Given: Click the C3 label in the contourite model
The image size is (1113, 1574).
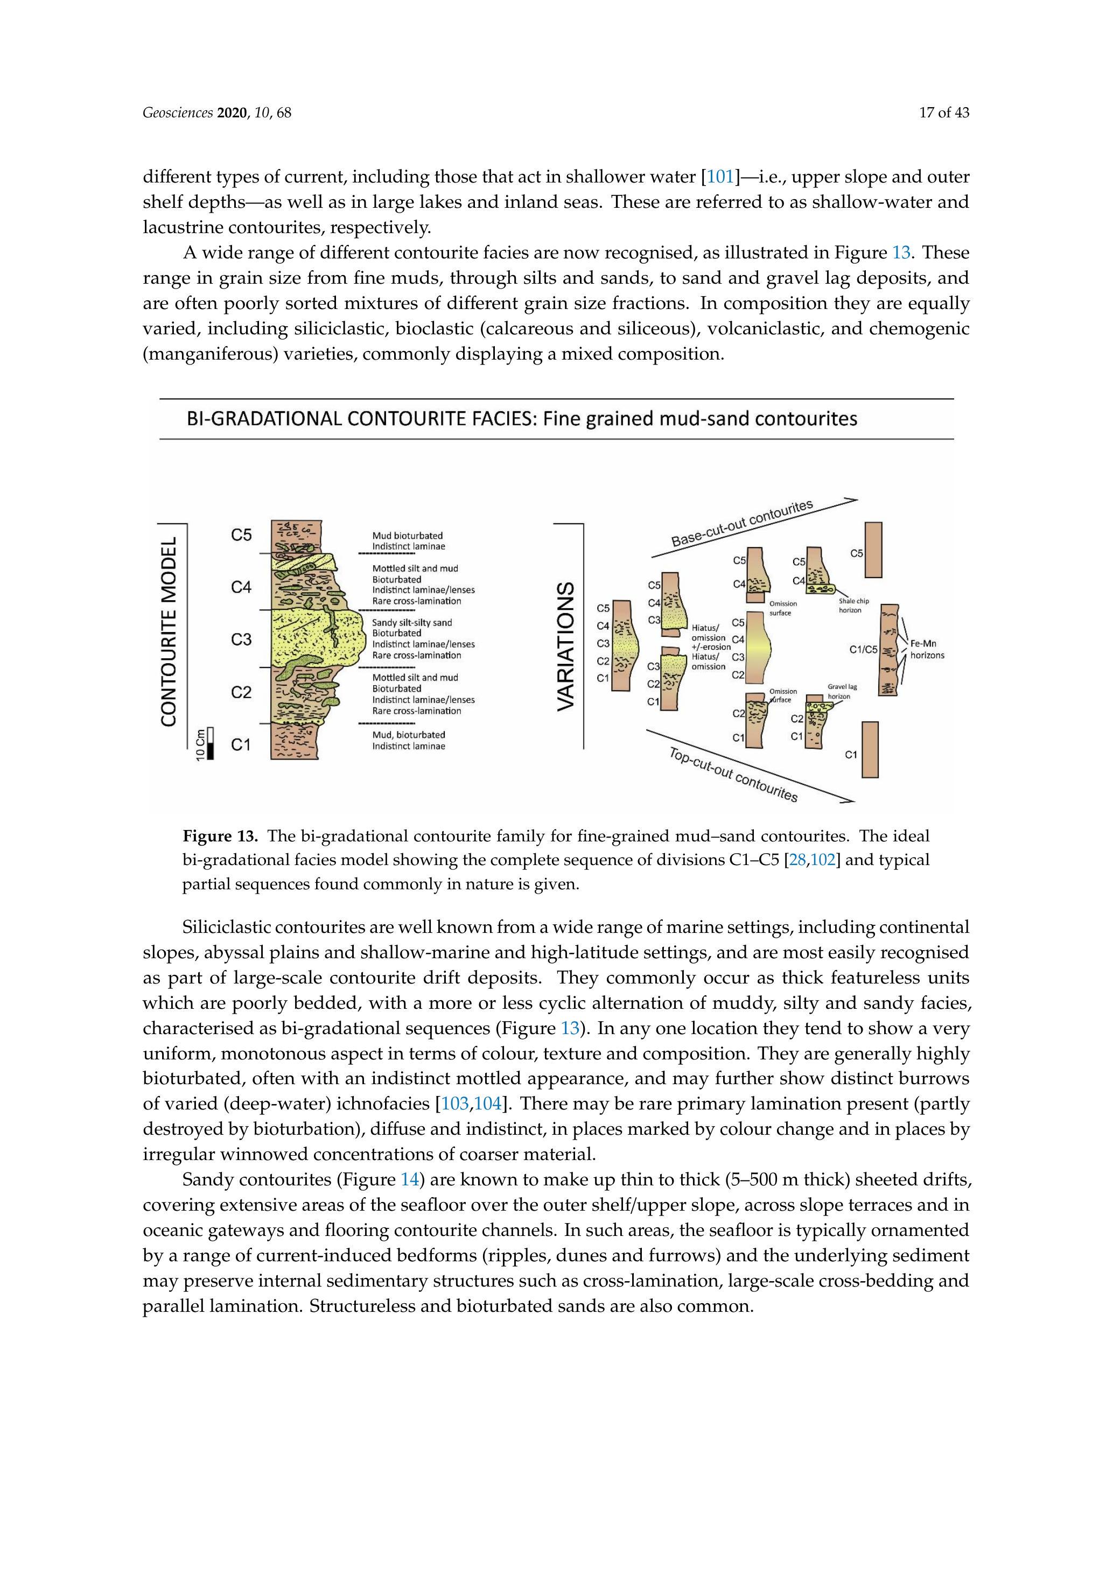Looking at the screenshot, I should [x=241, y=640].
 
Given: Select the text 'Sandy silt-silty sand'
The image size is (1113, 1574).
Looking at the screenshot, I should [x=411, y=622].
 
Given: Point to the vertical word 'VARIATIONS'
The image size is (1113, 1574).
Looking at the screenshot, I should [x=566, y=647].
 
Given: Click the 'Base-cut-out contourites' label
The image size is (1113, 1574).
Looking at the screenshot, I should [x=741, y=523].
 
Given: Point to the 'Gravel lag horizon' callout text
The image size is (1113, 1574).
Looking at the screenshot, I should [x=842, y=691].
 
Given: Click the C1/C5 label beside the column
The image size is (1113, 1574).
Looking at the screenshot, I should [x=863, y=649].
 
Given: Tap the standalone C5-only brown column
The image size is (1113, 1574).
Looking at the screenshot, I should [x=873, y=550].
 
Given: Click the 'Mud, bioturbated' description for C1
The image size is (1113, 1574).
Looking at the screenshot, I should [x=408, y=734].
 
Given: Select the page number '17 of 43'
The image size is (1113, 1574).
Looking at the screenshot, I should [x=943, y=113].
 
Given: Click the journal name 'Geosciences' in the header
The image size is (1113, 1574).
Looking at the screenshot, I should [x=178, y=113].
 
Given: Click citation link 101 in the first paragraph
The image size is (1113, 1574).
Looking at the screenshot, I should [x=720, y=177].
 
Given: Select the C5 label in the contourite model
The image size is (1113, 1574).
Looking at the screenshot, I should [x=241, y=535].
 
